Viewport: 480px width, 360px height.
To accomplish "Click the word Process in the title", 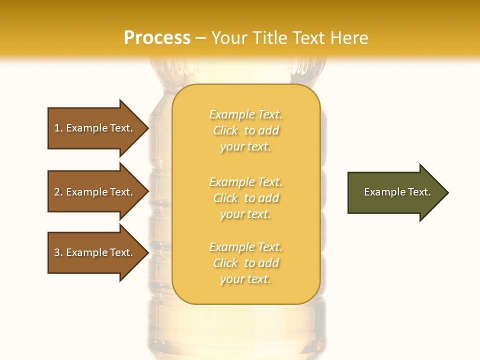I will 157,38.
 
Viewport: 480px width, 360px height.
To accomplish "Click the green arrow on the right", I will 395,192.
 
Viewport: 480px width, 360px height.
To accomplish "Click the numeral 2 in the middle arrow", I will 57,192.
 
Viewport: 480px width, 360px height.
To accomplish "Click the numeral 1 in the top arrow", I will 57,128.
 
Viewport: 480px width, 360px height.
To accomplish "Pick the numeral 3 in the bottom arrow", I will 57,252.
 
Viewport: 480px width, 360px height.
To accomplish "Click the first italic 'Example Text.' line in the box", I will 245,114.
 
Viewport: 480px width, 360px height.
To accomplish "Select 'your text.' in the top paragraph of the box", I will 245,147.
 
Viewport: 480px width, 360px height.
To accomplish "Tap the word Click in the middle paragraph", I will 225,198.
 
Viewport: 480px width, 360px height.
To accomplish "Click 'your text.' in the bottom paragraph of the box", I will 245,279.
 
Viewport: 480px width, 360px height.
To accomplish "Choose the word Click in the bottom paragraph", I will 225,263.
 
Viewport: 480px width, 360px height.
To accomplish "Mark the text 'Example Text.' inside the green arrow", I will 397,192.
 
